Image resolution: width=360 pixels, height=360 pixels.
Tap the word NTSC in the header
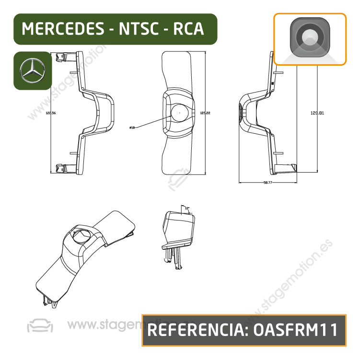click(x=141, y=29)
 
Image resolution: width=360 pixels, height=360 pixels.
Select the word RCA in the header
click(x=188, y=29)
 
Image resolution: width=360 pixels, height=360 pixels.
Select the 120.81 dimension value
click(x=317, y=113)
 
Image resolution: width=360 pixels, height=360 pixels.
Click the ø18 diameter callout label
click(x=132, y=128)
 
